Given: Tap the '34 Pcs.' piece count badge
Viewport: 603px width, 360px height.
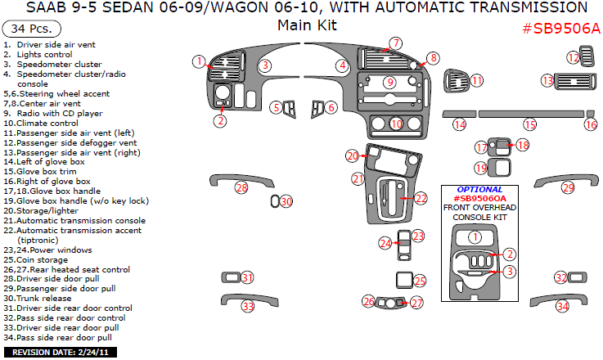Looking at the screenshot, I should point(27,28).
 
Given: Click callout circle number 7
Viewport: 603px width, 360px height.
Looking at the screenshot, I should point(395,43).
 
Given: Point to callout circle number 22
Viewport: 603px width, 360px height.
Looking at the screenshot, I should point(421,198).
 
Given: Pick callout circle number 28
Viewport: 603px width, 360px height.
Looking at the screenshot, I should point(241,188).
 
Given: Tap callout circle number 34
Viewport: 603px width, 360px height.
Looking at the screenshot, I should point(562,306).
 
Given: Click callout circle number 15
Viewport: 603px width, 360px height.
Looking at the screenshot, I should point(530,124).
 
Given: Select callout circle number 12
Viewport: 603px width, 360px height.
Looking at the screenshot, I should point(574,57).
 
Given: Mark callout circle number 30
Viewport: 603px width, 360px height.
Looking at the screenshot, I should point(286,201).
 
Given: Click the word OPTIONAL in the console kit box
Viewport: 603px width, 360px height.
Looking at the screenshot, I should point(480,189).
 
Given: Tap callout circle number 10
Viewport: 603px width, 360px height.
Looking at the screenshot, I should point(396,124).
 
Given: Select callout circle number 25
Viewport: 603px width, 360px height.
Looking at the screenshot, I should point(420,281).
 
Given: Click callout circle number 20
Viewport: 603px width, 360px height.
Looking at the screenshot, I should point(352,155).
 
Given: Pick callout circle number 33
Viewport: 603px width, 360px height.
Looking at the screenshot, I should point(247,306).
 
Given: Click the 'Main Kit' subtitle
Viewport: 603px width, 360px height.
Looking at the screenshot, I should point(307,25).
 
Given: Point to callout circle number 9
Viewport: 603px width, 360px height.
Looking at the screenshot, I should point(390,82).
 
